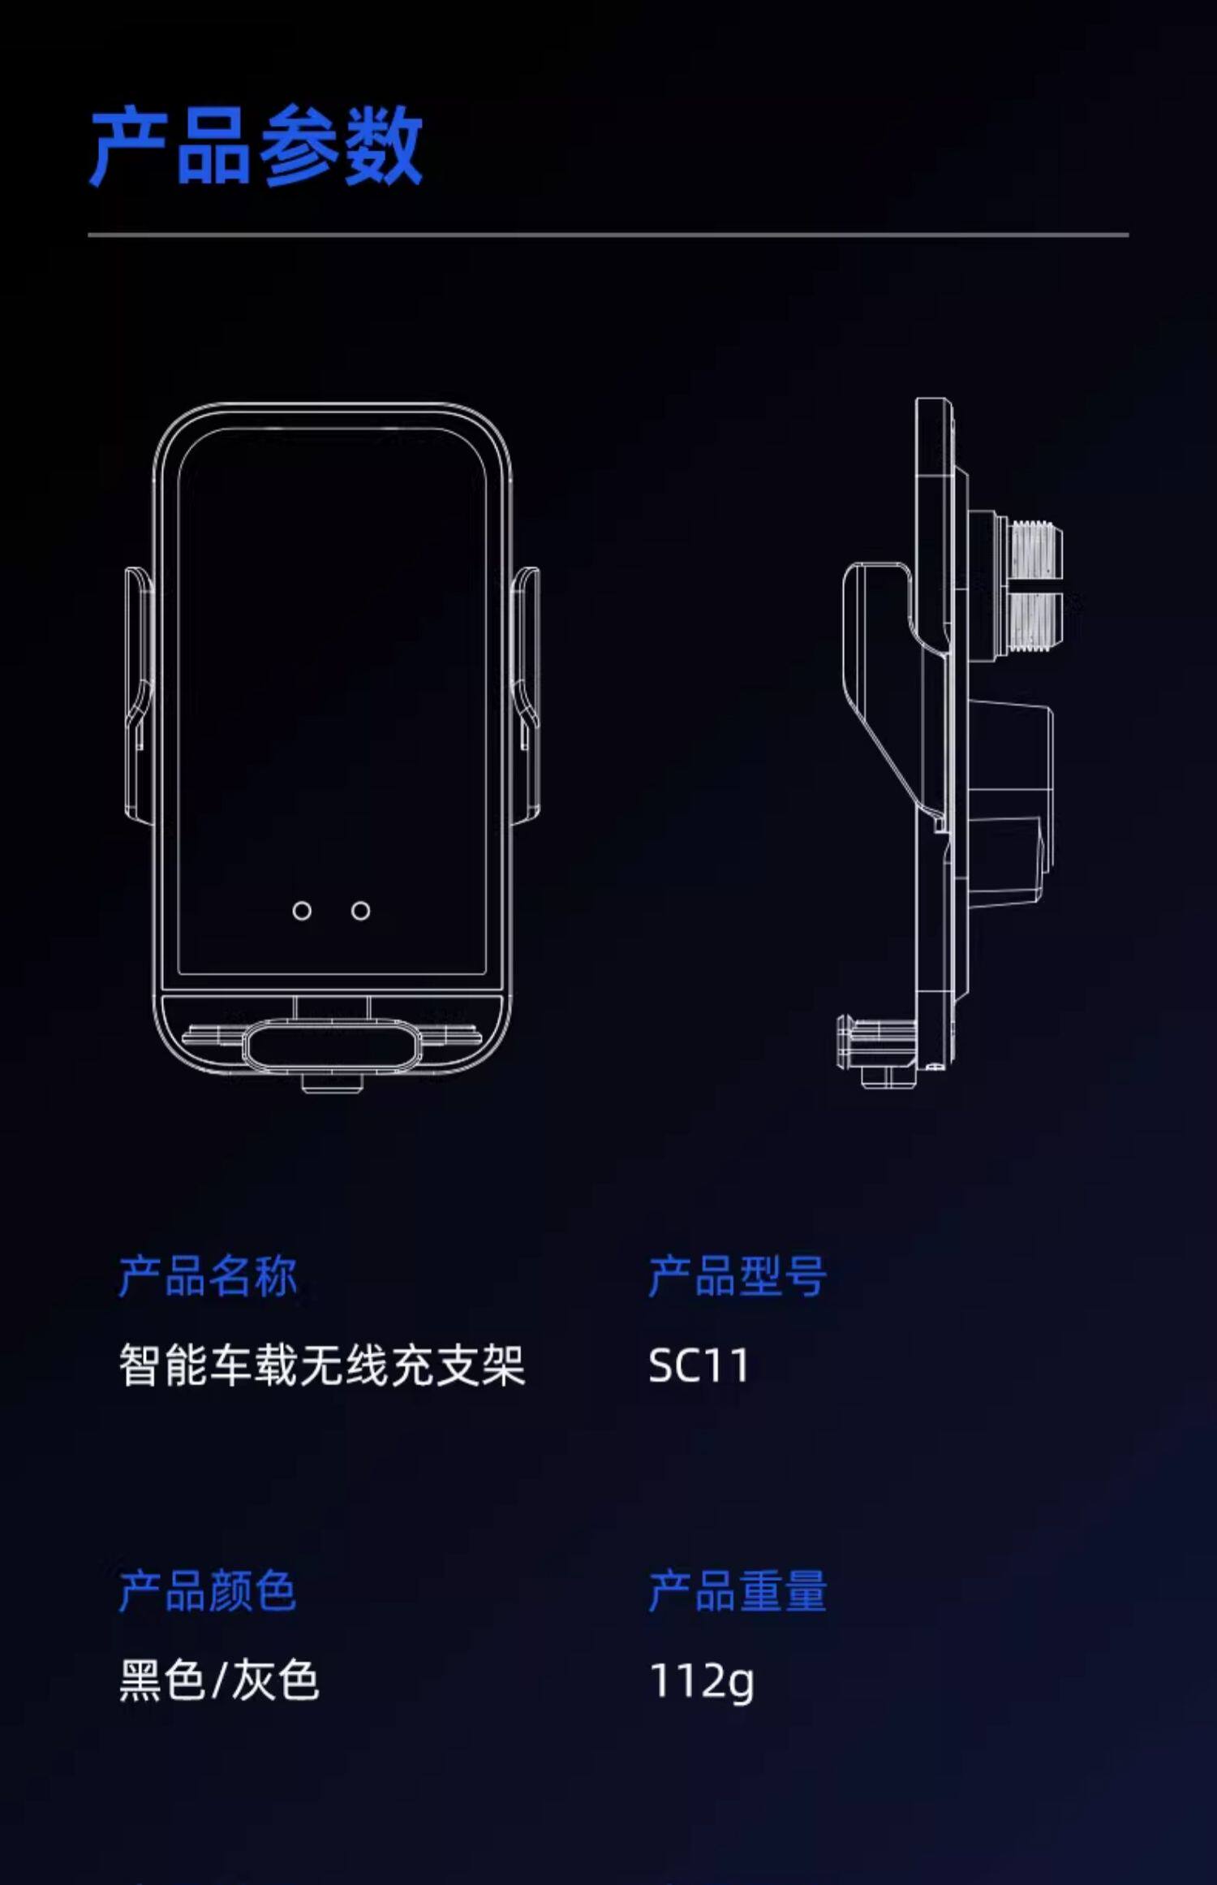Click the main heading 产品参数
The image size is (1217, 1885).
(256, 146)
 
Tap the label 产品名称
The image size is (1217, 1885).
(208, 1277)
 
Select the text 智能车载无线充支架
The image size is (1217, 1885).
(322, 1365)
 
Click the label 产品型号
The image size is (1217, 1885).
(737, 1277)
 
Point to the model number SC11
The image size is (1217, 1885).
(699, 1365)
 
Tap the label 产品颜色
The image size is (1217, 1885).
(208, 1591)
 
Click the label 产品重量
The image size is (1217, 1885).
(737, 1591)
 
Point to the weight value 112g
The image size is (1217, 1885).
(702, 1681)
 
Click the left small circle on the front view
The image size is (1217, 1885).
(302, 911)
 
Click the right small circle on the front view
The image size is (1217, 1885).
(360, 911)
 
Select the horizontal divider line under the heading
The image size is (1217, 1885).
(608, 235)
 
